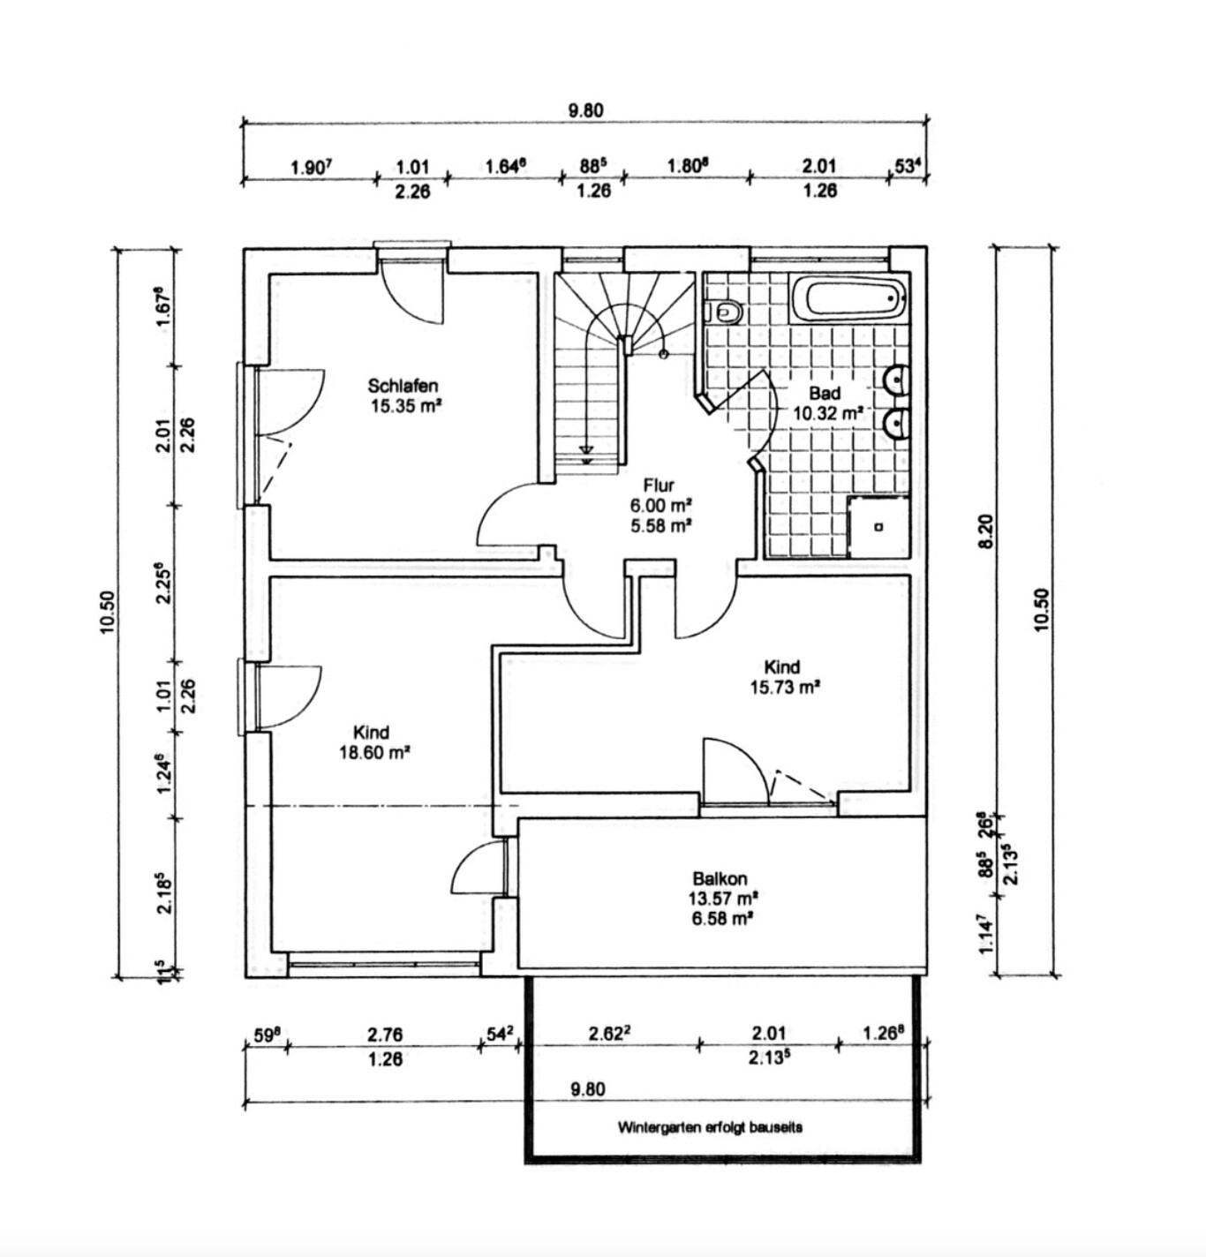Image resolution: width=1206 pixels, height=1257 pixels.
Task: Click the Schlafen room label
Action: click(403, 386)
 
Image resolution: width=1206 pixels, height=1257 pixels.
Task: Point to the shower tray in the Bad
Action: click(878, 527)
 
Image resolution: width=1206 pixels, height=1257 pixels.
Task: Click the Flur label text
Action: click(659, 485)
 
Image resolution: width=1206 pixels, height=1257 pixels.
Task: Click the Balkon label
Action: click(720, 879)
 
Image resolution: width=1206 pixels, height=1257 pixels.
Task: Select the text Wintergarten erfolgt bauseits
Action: click(710, 1127)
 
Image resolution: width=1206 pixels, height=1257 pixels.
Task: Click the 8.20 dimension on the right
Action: click(987, 531)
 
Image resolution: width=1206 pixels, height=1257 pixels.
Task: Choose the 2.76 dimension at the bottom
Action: click(384, 1033)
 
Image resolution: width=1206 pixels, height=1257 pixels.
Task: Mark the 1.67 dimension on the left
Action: click(162, 307)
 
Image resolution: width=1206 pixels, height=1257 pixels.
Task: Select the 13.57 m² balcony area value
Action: click(723, 899)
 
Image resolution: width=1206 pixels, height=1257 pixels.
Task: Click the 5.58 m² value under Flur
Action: click(660, 526)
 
